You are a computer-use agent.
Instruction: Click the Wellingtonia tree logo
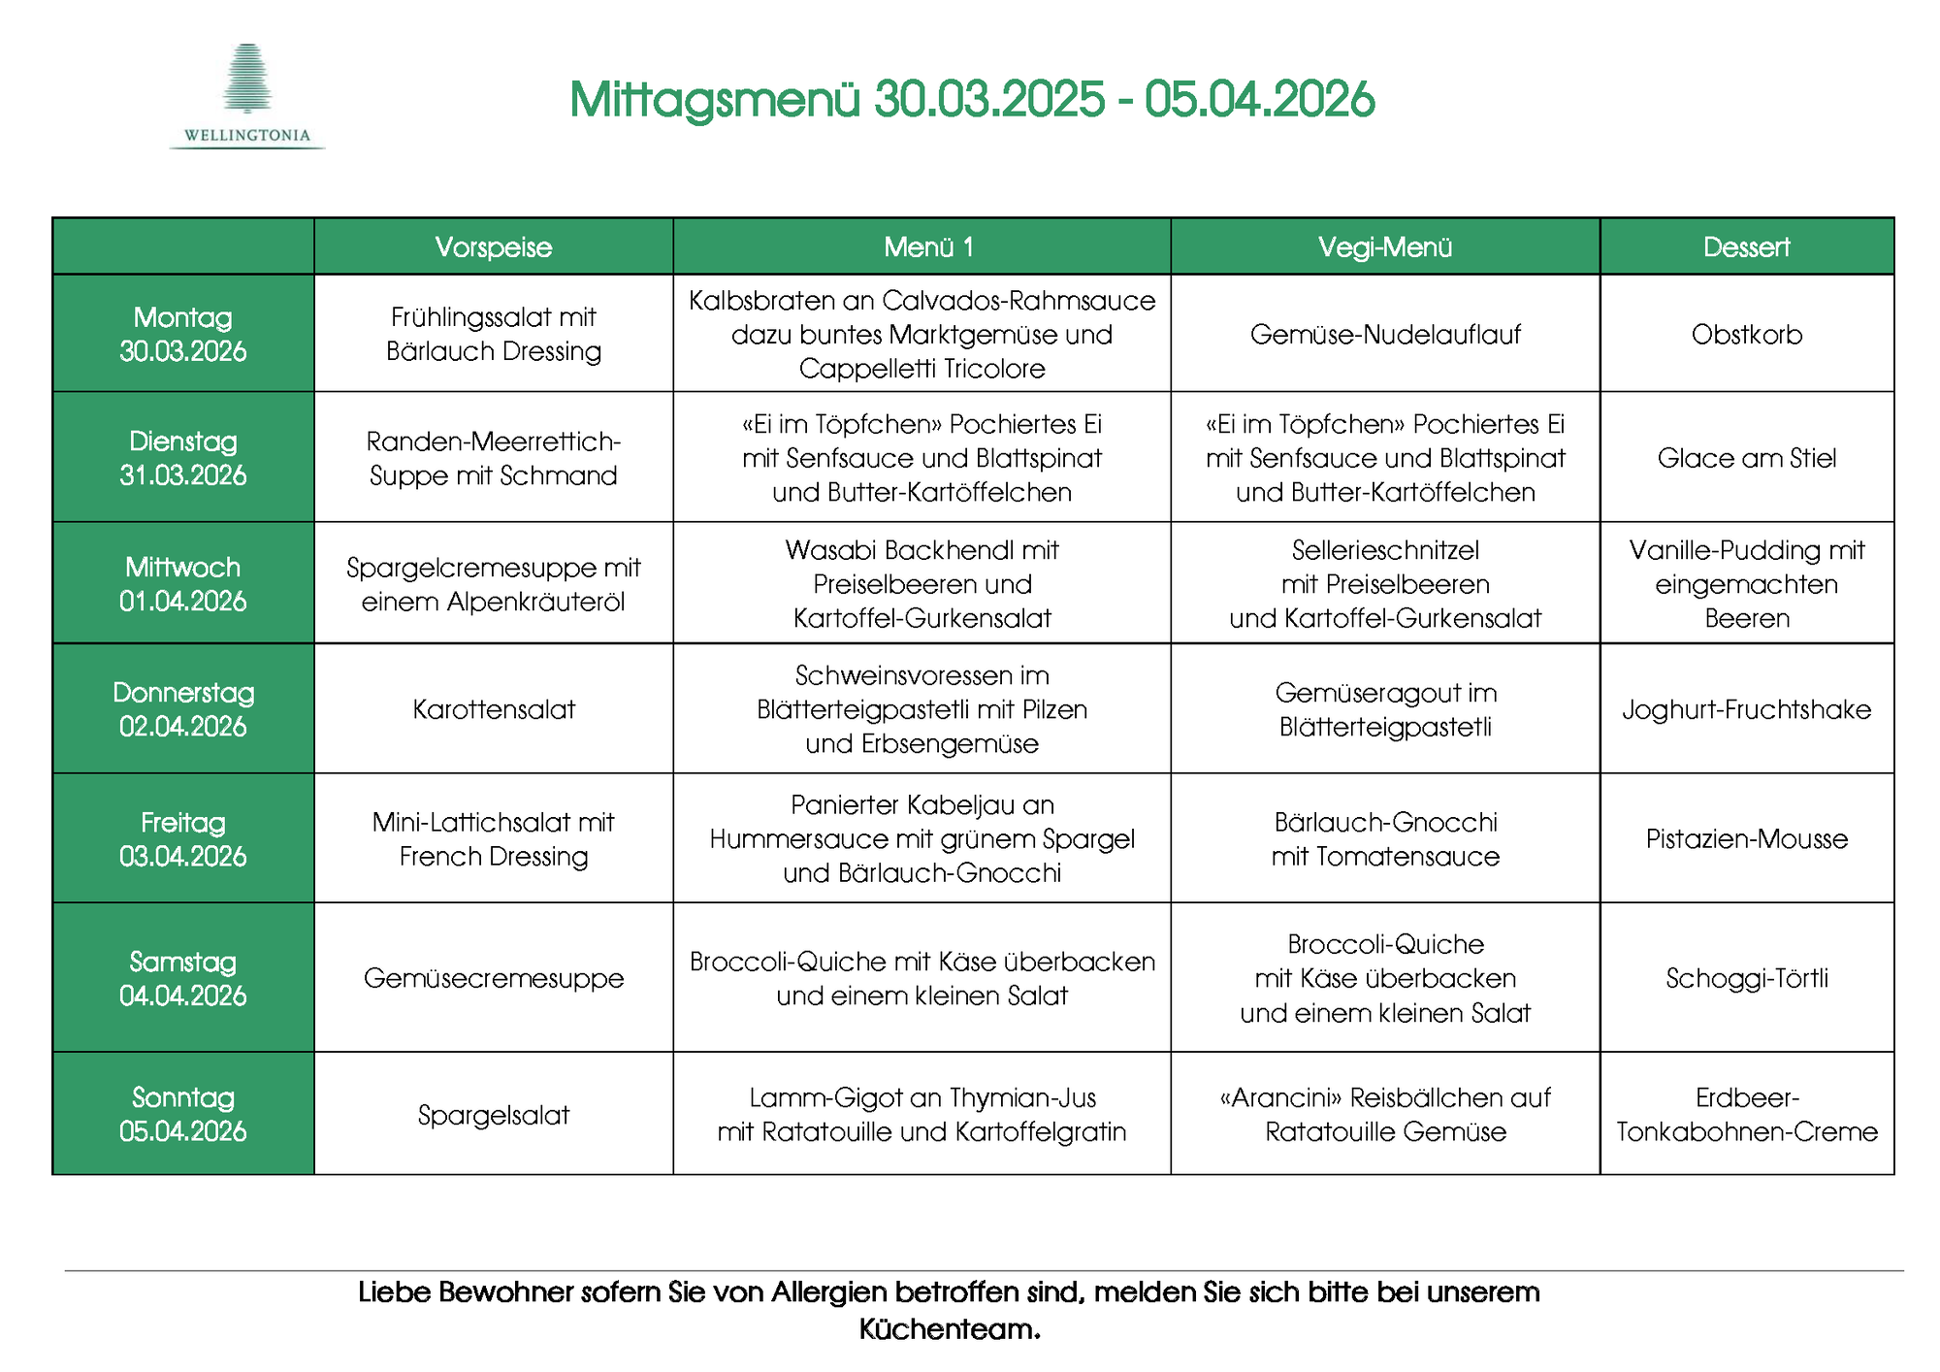tap(247, 80)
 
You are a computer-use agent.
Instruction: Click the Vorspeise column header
tap(493, 247)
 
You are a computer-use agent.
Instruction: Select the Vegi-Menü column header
tap(1384, 247)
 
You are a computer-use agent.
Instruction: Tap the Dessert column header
tap(1746, 247)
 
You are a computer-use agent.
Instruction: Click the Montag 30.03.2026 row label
tap(183, 334)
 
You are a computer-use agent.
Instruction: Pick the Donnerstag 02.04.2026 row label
tap(183, 709)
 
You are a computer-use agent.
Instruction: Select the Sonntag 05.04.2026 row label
tap(183, 1114)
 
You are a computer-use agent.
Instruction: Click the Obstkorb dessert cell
tap(1746, 335)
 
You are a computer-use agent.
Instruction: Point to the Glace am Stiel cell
tap(1746, 458)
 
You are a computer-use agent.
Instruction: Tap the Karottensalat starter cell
tap(494, 709)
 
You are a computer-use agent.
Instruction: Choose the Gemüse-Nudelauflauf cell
tap(1385, 335)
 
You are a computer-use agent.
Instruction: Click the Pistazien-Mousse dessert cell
tap(1746, 839)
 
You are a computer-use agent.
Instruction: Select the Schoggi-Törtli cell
tap(1746, 978)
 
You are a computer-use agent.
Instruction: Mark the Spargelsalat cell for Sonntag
tap(494, 1115)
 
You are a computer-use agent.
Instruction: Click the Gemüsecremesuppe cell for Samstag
tap(494, 978)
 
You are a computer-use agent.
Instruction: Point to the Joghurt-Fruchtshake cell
tap(1746, 709)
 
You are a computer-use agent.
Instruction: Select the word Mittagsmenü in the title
tap(715, 100)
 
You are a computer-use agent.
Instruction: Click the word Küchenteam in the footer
tap(949, 1329)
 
